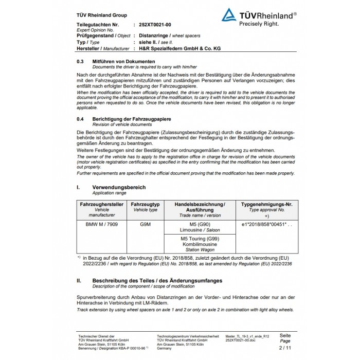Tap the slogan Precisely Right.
[259, 23]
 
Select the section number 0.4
[80, 119]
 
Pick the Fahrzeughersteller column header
[102, 204]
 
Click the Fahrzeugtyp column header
[146, 204]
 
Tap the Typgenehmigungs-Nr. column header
[266, 204]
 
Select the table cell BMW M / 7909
[102, 225]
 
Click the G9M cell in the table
[146, 225]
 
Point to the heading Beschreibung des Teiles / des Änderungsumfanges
[157, 281]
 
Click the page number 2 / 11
[284, 348]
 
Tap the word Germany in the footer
[165, 348]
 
